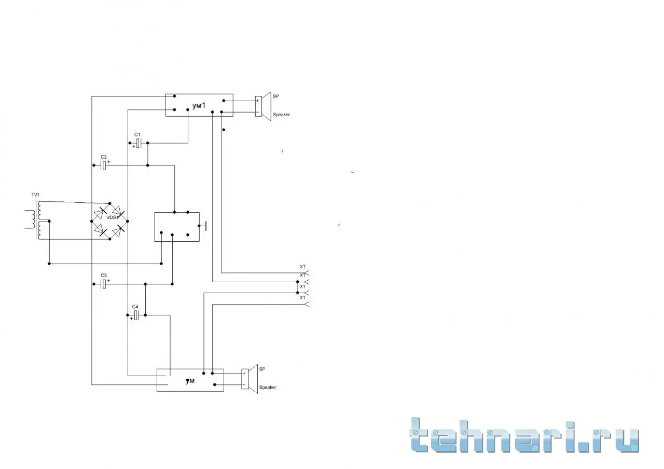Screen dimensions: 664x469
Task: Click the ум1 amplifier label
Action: [199, 105]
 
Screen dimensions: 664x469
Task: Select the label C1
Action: [137, 134]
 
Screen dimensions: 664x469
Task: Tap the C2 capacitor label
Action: [103, 157]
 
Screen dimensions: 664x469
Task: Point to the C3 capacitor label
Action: [103, 275]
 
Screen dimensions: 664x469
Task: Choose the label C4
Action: [135, 307]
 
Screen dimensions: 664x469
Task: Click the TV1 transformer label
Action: [35, 195]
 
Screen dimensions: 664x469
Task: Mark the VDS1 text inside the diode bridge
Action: [113, 217]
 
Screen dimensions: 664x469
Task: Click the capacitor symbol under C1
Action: [139, 143]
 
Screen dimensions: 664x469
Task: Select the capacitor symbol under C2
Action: [103, 165]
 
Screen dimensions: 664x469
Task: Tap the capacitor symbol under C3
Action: [103, 284]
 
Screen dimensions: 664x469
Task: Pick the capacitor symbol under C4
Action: [136, 315]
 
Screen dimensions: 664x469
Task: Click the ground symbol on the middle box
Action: [204, 226]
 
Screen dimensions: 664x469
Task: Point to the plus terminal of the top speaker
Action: [258, 101]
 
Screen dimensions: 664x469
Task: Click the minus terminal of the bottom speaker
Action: [244, 385]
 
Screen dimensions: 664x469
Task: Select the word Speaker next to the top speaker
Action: [281, 115]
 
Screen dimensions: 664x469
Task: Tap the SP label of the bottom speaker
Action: [262, 369]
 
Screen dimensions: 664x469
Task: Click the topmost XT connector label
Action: [302, 267]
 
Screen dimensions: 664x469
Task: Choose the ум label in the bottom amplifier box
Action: [190, 381]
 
